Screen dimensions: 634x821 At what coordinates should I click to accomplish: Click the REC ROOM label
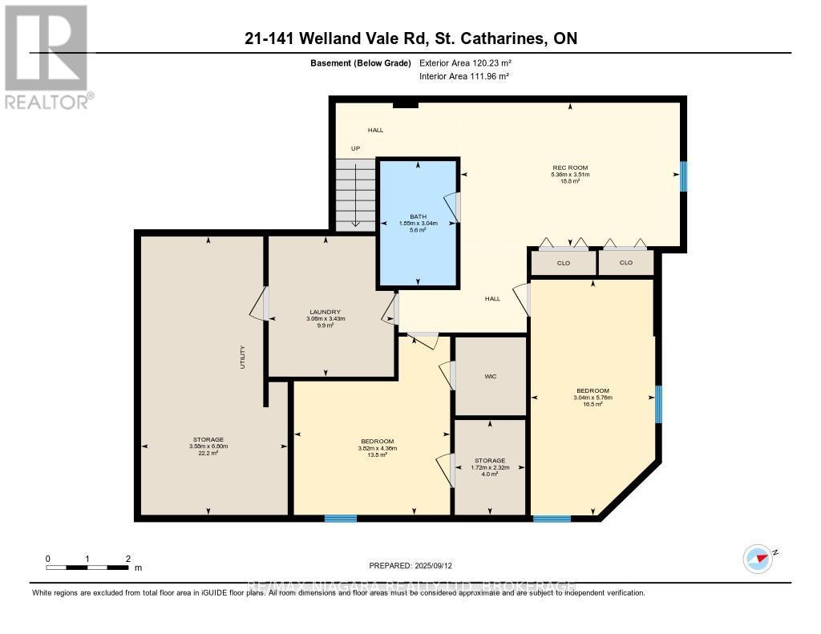pyautogui.click(x=569, y=168)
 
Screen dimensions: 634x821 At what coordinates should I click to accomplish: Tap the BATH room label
pyautogui.click(x=418, y=216)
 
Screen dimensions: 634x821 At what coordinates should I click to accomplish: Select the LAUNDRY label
pyautogui.click(x=326, y=312)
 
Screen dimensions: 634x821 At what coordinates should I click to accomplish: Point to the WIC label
pyautogui.click(x=491, y=376)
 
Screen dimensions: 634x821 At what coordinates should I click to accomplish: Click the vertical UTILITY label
pyautogui.click(x=242, y=357)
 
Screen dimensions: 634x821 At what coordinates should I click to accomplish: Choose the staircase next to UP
pyautogui.click(x=354, y=195)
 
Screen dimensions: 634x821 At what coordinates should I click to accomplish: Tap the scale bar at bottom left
pyautogui.click(x=88, y=567)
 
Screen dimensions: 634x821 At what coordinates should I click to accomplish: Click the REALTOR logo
pyautogui.click(x=47, y=57)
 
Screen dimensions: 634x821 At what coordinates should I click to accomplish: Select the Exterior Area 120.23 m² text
pyautogui.click(x=465, y=63)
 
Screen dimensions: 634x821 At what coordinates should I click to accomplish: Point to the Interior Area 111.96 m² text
pyautogui.click(x=464, y=76)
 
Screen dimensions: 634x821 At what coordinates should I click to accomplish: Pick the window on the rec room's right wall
pyautogui.click(x=683, y=176)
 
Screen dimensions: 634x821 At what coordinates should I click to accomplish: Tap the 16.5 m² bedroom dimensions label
pyautogui.click(x=592, y=397)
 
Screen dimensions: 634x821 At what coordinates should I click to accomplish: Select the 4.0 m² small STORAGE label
pyautogui.click(x=489, y=466)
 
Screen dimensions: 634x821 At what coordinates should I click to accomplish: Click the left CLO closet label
pyautogui.click(x=563, y=263)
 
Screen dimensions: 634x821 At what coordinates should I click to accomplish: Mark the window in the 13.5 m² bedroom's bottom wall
pyautogui.click(x=340, y=519)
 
